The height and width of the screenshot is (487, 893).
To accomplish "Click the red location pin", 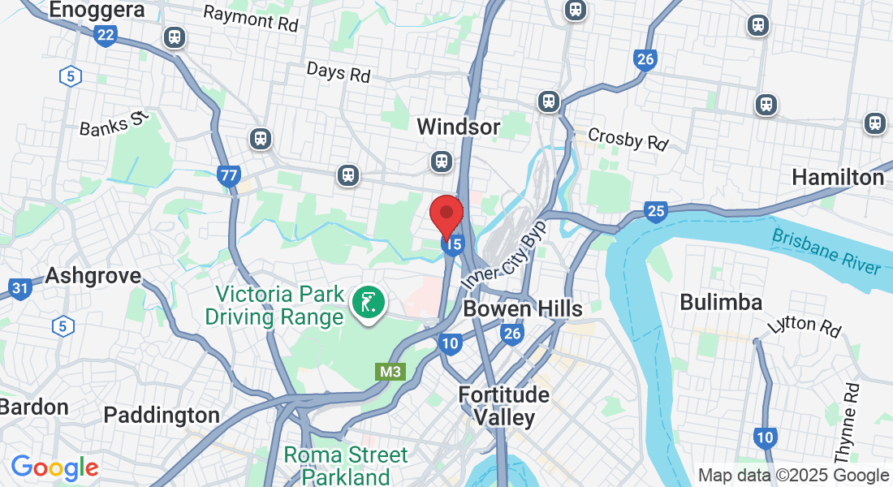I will click(446, 214).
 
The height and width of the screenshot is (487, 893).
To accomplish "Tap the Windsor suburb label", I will click(459, 127).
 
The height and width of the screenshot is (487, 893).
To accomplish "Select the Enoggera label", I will click(97, 10).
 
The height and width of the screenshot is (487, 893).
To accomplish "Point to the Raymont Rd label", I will click(251, 18).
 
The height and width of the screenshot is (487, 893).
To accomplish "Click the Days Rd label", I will click(339, 71).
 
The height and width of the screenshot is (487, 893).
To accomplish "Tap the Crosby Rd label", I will click(628, 139).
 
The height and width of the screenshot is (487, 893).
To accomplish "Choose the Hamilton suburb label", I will click(838, 177).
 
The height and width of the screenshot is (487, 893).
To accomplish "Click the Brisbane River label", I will click(826, 251).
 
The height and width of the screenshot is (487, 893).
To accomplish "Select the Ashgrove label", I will click(93, 275).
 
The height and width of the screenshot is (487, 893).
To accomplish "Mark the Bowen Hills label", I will click(523, 308).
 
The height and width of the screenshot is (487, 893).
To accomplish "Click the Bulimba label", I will click(721, 303).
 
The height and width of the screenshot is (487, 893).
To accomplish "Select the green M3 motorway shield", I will click(390, 372).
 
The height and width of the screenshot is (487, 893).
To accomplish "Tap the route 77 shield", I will click(229, 174).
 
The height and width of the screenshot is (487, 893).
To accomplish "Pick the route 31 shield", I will click(20, 287).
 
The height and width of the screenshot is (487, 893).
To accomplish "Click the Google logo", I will click(54, 468).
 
